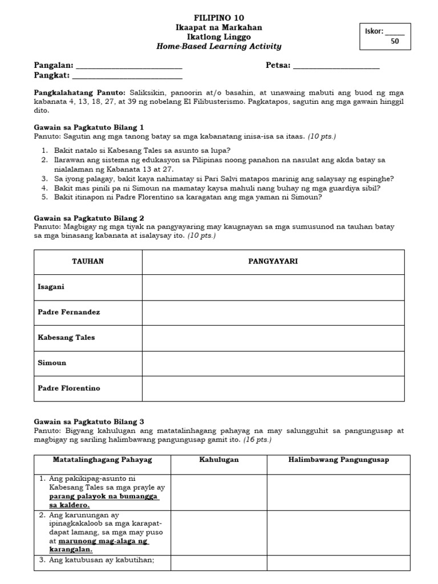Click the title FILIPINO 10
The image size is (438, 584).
[220, 18]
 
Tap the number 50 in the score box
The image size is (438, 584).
[395, 41]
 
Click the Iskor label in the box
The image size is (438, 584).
[374, 31]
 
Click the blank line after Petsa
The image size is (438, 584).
[336, 66]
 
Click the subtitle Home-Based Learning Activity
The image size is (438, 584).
[220, 46]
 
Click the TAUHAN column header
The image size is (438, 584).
[88, 261]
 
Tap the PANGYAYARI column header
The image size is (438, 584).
[273, 261]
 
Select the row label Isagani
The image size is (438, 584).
[51, 287]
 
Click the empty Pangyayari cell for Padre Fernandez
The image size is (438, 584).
[273, 313]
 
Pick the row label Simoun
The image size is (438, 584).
[50, 363]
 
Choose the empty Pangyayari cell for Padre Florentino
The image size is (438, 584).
[273, 388]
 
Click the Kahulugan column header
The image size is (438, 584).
[219, 460]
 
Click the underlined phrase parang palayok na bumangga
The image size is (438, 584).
[104, 497]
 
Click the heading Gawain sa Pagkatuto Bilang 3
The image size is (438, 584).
[91, 421]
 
